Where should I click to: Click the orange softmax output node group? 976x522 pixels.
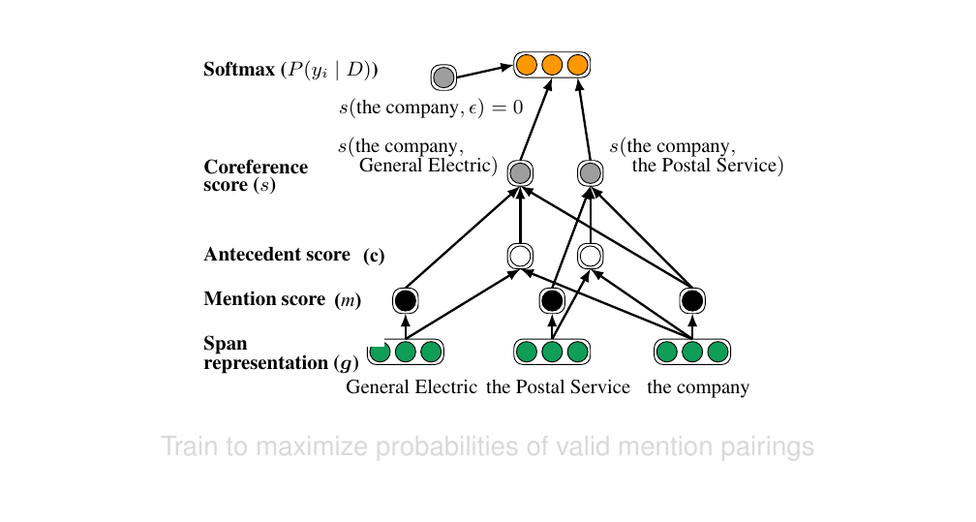[552, 66]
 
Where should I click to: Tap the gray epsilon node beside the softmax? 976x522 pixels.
[443, 77]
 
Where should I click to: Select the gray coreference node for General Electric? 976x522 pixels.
[520, 174]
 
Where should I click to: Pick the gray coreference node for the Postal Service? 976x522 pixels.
[590, 174]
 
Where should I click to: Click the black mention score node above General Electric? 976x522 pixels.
[406, 300]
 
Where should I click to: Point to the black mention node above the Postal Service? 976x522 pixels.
[552, 300]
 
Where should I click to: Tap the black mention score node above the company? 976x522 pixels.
[691, 300]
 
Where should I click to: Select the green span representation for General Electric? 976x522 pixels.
[406, 352]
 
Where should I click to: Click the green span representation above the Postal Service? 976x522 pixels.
[552, 352]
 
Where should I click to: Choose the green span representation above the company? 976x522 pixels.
[691, 352]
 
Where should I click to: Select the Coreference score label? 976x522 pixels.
[256, 175]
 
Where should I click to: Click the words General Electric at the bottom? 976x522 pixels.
[412, 388]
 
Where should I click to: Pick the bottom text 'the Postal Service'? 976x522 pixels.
[558, 388]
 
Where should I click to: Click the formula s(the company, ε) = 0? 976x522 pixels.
[438, 107]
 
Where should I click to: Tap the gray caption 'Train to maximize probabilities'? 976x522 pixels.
[487, 447]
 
